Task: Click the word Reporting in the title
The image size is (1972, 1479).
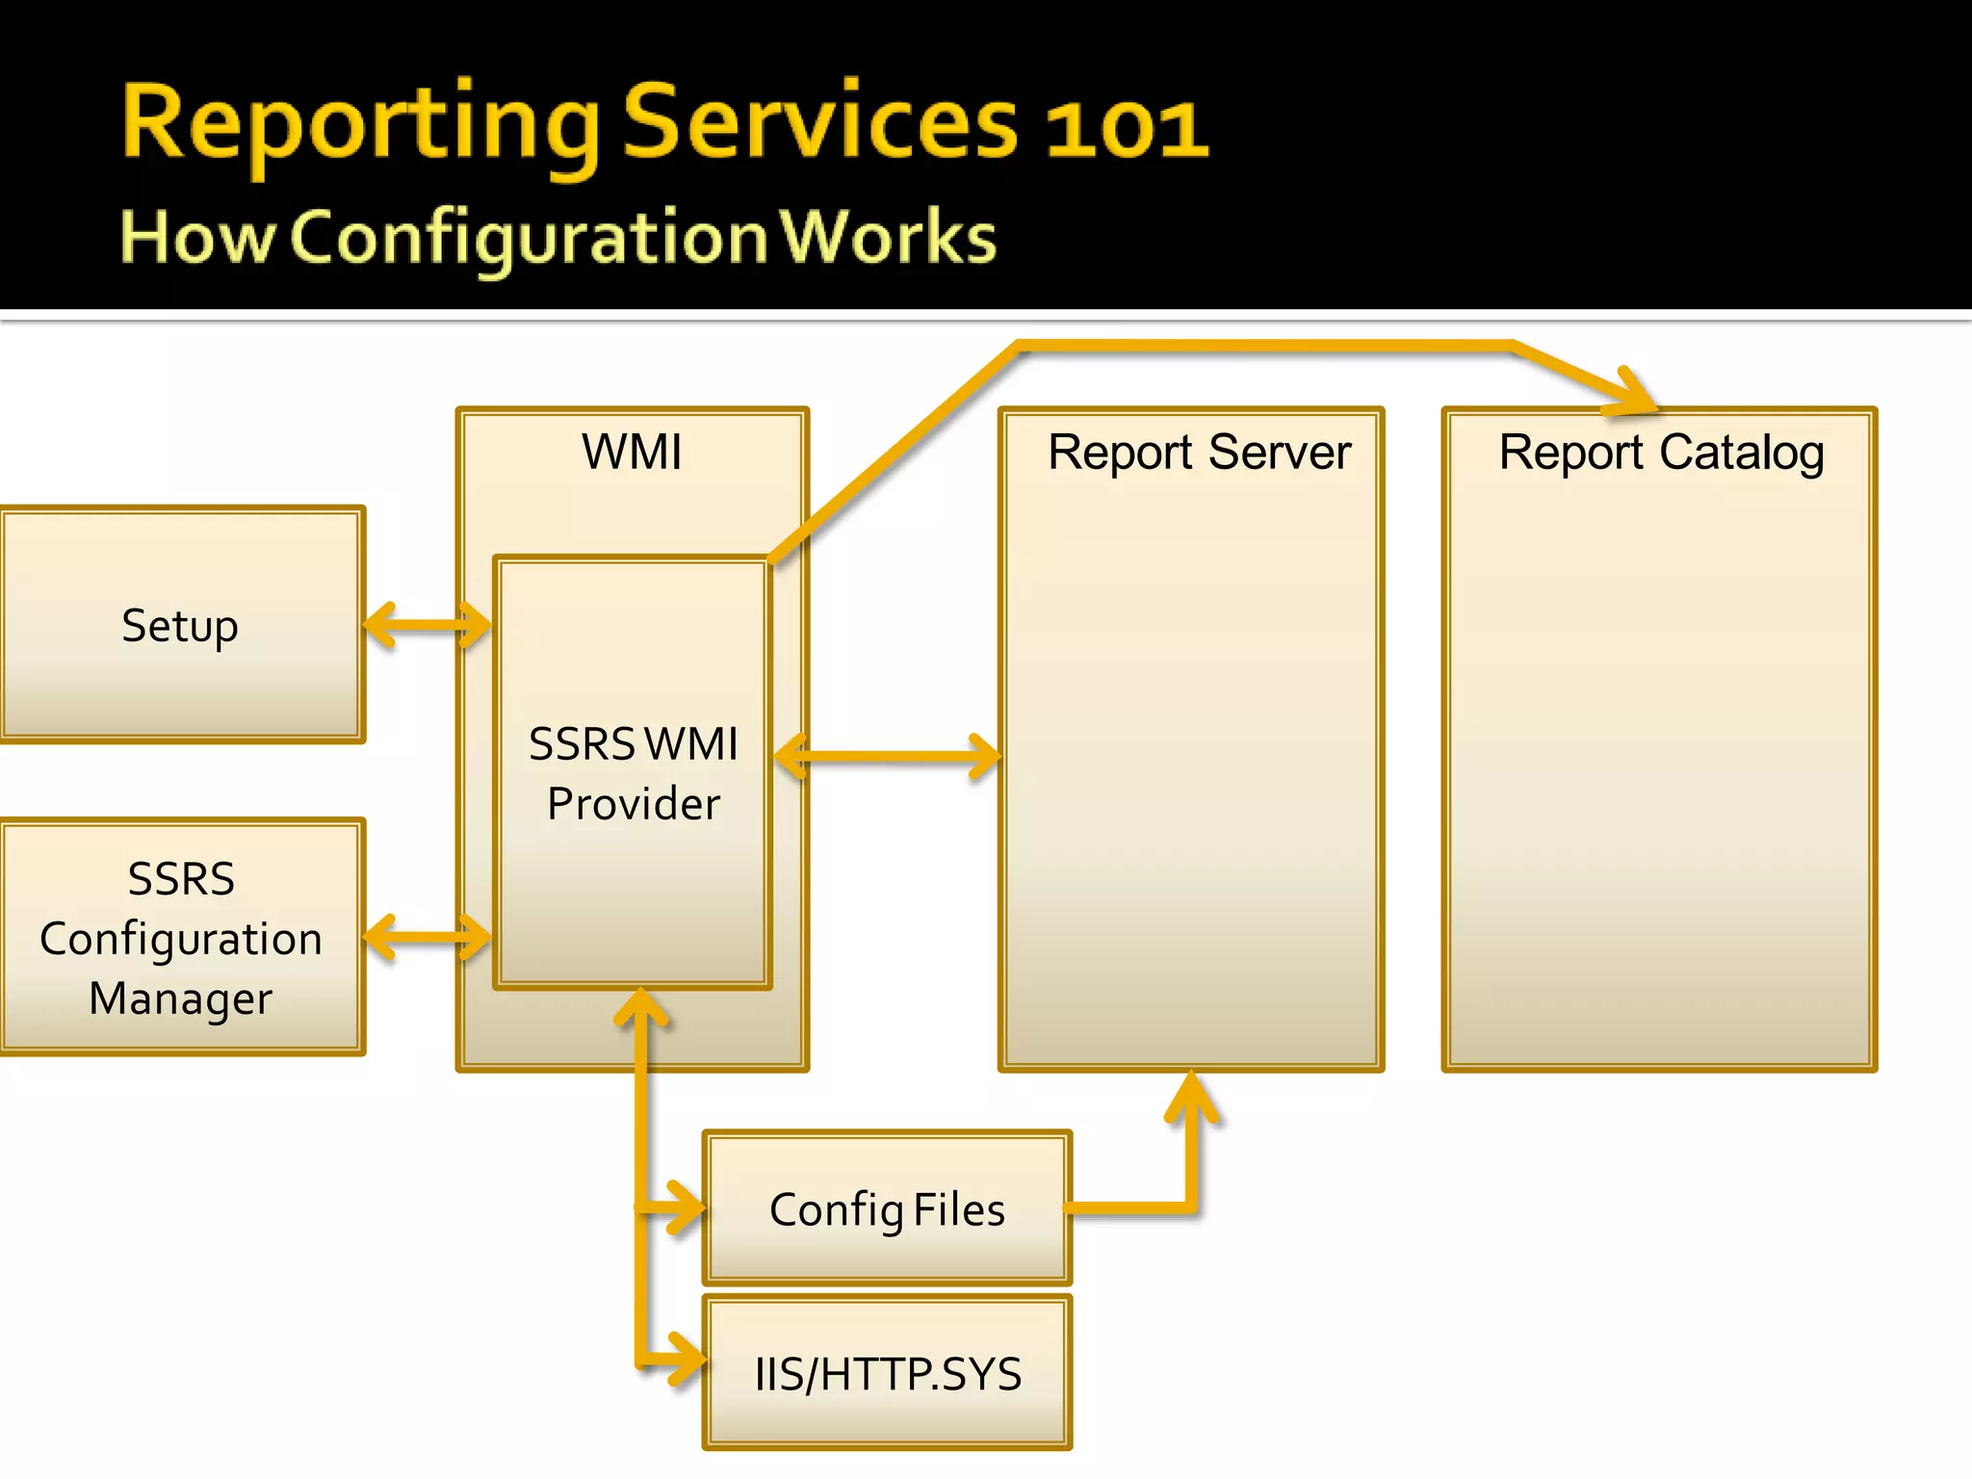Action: click(361, 125)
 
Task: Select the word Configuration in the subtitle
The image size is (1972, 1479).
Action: click(528, 237)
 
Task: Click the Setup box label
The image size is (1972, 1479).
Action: click(180, 626)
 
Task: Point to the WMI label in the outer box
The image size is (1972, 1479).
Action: click(632, 452)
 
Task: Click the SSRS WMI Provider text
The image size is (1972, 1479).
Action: click(633, 773)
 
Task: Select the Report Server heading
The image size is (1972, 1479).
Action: click(1199, 452)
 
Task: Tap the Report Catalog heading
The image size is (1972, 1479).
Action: click(1661, 452)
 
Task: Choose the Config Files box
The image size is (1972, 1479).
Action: click(887, 1209)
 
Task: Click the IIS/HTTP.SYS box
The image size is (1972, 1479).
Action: click(887, 1374)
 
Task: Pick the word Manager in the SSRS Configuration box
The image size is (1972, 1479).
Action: click(180, 999)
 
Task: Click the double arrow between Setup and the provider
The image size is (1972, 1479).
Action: click(428, 626)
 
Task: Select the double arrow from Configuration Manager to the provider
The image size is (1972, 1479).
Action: click(428, 936)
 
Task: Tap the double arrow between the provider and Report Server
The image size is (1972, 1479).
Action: click(887, 756)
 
